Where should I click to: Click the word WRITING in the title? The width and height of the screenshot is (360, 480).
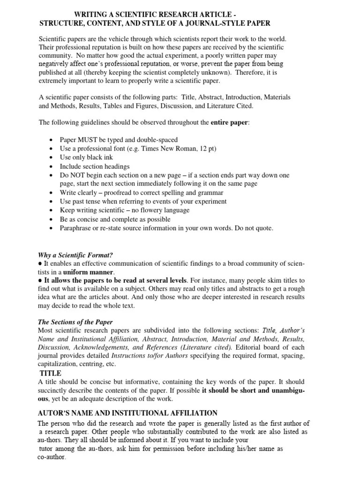click(91, 14)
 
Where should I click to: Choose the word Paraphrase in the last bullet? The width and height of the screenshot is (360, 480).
click(75, 228)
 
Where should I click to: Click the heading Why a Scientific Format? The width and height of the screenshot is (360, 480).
click(75, 255)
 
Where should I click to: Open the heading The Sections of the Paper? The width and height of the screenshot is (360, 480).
click(75, 322)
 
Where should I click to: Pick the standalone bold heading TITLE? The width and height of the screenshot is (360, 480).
click(51, 373)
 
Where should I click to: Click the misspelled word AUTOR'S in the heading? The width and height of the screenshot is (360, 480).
click(53, 413)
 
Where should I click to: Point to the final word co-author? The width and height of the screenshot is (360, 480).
click(52, 457)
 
